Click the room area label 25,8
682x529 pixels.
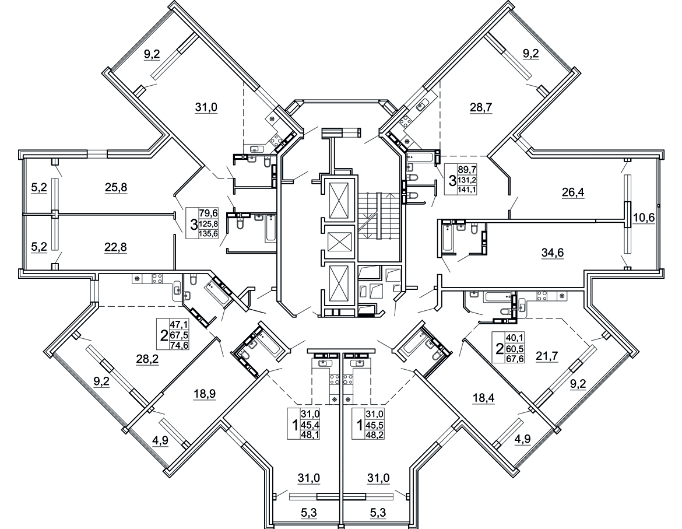click(x=115, y=188)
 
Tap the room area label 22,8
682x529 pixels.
click(x=115, y=247)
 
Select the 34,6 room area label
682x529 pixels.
click(x=553, y=253)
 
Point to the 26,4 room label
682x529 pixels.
click(x=574, y=192)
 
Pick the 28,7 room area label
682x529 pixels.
click(x=481, y=107)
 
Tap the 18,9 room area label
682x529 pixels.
click(x=205, y=394)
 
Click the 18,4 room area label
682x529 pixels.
click(x=484, y=398)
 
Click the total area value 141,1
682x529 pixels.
click(x=466, y=189)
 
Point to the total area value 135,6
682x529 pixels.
click(x=208, y=234)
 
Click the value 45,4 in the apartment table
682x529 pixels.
click(x=311, y=424)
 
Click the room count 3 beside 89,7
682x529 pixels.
click(x=452, y=180)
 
